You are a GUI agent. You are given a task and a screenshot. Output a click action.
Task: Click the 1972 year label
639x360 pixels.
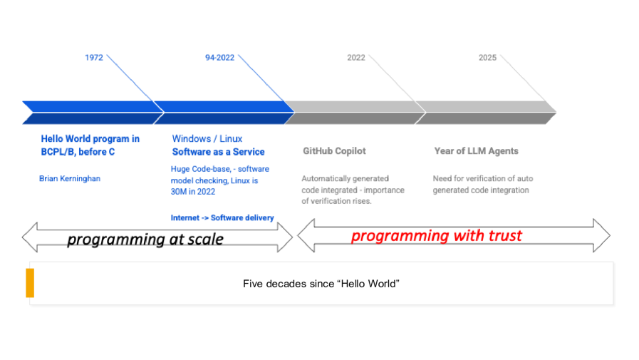[94, 58]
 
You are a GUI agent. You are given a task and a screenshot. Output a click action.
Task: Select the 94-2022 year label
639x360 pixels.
[220, 58]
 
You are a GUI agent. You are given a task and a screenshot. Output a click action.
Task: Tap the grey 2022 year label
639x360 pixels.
[356, 58]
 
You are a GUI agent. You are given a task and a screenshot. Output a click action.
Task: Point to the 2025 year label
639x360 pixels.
[487, 58]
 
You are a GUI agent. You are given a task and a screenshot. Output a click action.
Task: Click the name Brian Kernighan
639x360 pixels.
[70, 178]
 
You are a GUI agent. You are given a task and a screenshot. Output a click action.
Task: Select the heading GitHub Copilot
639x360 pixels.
[334, 151]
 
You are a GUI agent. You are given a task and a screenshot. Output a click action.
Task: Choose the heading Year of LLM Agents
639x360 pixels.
[476, 151]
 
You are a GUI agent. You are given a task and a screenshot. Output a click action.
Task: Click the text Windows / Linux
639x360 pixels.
[207, 138]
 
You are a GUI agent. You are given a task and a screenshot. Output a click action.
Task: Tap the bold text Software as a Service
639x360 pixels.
[218, 152]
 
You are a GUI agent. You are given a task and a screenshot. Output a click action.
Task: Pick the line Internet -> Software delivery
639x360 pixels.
[222, 217]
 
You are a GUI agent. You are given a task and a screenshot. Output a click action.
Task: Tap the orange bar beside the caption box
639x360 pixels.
[30, 283]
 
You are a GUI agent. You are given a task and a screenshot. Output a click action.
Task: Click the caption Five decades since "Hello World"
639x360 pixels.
[321, 284]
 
